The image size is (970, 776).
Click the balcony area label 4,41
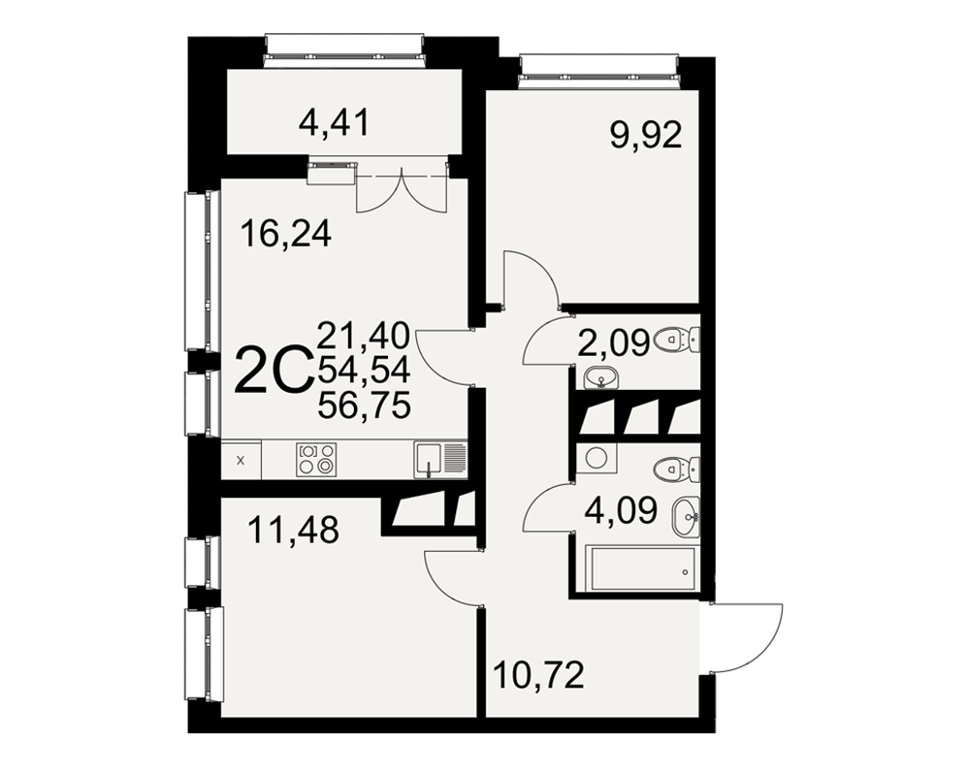334,123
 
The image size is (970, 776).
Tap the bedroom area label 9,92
646,136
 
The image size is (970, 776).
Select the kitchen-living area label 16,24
286,235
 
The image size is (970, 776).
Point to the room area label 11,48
293,531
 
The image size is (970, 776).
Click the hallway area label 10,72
538,675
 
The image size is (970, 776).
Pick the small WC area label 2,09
614,343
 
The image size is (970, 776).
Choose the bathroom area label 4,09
621,512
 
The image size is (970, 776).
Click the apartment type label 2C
273,370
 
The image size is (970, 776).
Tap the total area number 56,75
364,406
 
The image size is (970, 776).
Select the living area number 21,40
364,335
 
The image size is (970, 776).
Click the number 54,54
364,371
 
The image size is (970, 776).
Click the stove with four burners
317,460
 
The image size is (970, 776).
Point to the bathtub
643,568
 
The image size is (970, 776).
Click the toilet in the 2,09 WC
676,339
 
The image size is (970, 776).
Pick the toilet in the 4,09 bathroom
676,469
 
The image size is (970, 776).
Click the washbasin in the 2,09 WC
600,376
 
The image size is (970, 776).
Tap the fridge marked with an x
242,460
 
